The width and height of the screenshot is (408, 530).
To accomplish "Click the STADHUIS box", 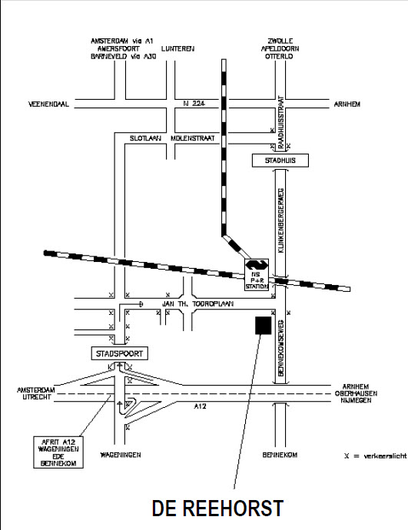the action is (280, 161).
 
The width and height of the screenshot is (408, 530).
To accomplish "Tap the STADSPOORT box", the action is (120, 354).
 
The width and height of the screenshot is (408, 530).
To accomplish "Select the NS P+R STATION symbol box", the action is (257, 274).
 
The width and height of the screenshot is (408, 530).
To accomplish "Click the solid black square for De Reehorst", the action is (263, 326).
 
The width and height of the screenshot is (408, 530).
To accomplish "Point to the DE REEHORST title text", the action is (217, 508).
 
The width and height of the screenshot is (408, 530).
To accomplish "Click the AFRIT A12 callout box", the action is (58, 452).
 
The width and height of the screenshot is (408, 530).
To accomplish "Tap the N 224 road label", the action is (194, 104).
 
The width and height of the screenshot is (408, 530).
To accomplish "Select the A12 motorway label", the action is (200, 406).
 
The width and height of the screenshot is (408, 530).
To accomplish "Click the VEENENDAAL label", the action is (48, 104).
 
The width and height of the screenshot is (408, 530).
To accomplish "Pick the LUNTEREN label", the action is (177, 48).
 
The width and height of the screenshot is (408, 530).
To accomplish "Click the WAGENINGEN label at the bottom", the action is (121, 455).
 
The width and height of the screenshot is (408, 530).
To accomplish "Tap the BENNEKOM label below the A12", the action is (280, 455).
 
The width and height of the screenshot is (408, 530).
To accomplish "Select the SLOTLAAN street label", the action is (145, 138).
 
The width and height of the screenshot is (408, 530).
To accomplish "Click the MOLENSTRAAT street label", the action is (193, 138).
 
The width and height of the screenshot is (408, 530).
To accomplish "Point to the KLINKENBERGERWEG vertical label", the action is (280, 220).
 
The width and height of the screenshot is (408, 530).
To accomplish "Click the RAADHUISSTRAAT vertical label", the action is (280, 123).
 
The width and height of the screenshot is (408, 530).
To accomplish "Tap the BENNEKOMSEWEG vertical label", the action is (281, 348).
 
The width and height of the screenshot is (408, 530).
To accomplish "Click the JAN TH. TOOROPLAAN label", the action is (198, 304).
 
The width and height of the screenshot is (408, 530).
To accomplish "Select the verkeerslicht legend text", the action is (385, 456).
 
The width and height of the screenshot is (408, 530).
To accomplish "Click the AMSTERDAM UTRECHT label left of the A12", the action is (36, 394).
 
